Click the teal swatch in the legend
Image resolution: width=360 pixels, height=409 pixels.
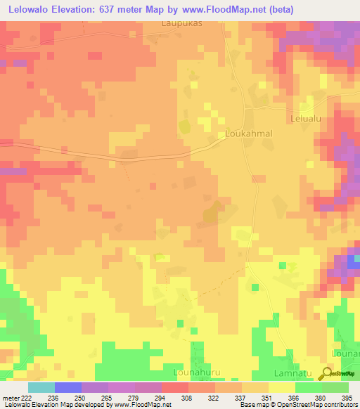click(x=41, y=387)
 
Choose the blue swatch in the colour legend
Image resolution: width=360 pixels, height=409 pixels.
click(x=68, y=387)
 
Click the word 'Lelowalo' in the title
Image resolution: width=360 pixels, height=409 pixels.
click(x=31, y=9)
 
